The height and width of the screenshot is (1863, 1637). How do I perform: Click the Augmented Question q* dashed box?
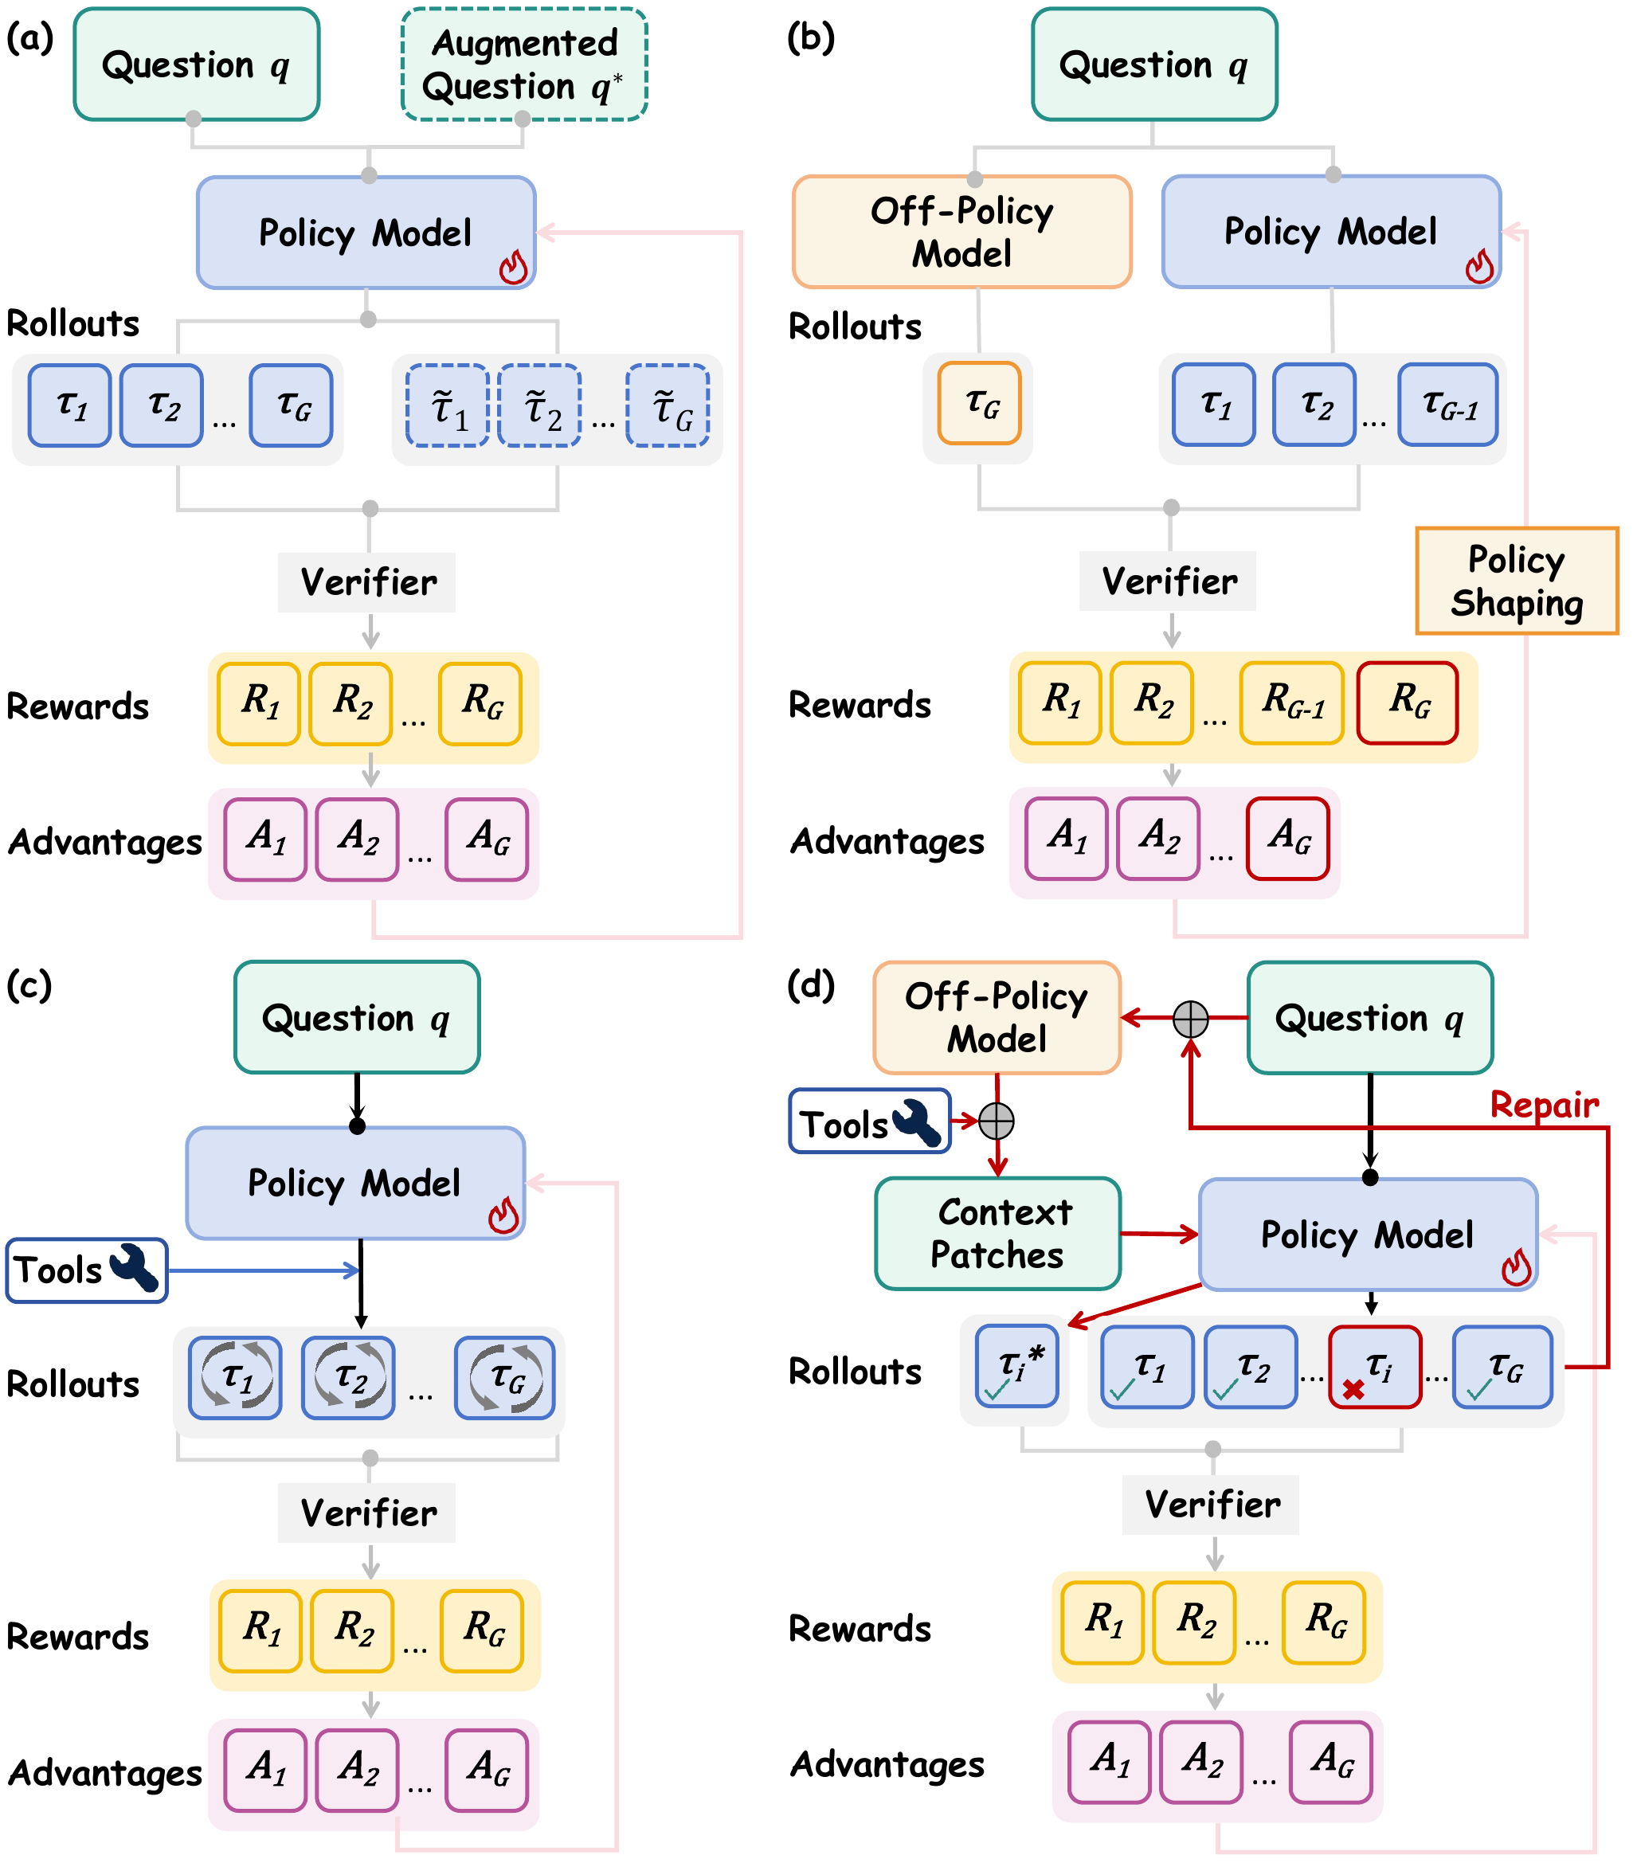[x=524, y=65]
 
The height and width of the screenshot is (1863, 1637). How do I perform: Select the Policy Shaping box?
[x=1516, y=581]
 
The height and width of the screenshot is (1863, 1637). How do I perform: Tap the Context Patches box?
[x=997, y=1233]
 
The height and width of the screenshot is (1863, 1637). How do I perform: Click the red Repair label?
[x=1543, y=1105]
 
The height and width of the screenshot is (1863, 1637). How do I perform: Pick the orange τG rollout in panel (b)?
[x=980, y=403]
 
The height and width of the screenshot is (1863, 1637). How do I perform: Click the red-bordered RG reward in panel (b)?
[x=1408, y=703]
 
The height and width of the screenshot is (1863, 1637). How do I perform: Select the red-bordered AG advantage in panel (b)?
[x=1287, y=839]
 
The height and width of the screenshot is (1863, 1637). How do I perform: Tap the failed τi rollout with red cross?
[x=1374, y=1367]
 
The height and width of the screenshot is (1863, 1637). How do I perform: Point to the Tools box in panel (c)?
[x=87, y=1270]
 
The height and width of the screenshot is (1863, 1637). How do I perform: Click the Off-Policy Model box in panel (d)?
[x=997, y=1017]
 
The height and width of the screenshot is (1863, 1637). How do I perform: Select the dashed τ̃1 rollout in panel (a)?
[x=448, y=405]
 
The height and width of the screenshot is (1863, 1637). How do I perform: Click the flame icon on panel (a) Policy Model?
[x=513, y=267]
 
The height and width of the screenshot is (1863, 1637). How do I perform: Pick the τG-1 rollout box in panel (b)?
[x=1447, y=405]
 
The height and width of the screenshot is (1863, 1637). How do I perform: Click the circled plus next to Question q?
[x=1189, y=1018]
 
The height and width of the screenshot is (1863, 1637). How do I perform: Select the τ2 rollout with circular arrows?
[x=348, y=1377]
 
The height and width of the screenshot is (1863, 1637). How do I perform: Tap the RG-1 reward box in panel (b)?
[x=1291, y=703]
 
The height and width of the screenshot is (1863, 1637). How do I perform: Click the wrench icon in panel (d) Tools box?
[x=917, y=1123]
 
